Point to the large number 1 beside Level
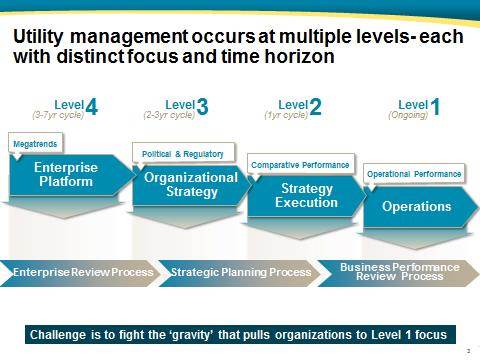435,107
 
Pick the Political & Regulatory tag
178,154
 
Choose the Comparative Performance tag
300,164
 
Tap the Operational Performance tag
414,174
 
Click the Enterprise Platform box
66,175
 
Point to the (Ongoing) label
406,115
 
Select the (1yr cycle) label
285,115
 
